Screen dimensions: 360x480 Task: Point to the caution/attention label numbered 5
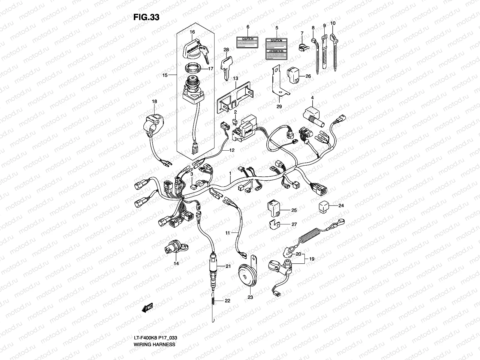276,49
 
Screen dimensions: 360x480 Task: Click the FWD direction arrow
147,309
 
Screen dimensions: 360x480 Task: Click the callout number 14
176,263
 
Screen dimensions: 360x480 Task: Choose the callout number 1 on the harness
230,173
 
